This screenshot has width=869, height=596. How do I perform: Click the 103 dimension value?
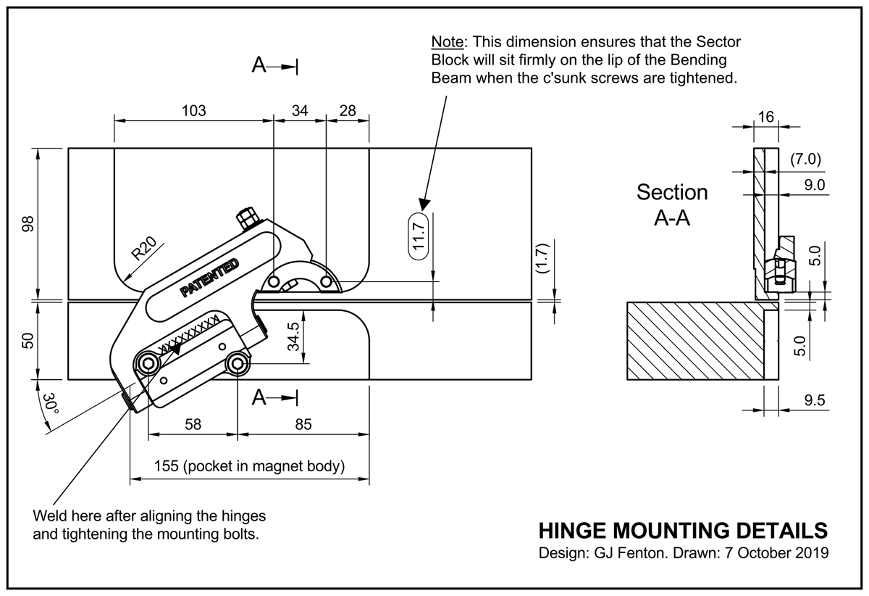pyautogui.click(x=193, y=111)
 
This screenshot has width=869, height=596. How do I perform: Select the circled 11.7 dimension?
pyautogui.click(x=419, y=236)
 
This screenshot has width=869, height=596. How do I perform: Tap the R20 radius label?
pyautogui.click(x=144, y=248)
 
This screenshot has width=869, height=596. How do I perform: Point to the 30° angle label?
pyautogui.click(x=51, y=404)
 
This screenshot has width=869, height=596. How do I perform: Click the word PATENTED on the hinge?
pyautogui.click(x=209, y=278)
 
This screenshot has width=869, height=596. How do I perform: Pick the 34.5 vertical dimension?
pyautogui.click(x=294, y=336)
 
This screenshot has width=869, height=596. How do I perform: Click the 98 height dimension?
pyautogui.click(x=28, y=224)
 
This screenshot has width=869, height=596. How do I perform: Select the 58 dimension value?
pyautogui.click(x=193, y=424)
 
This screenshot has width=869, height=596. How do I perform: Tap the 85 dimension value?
pyautogui.click(x=303, y=424)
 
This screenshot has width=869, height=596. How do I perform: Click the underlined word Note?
pyautogui.click(x=448, y=41)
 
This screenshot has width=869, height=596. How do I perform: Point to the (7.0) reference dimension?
pyautogui.click(x=806, y=160)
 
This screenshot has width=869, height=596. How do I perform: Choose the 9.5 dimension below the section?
pyautogui.click(x=814, y=400)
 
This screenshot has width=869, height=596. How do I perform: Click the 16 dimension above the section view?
pyautogui.click(x=766, y=117)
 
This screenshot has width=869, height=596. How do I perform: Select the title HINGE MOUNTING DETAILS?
pyautogui.click(x=683, y=531)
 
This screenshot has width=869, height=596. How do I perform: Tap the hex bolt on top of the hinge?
pyautogui.click(x=248, y=218)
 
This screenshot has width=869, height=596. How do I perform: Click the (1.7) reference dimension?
pyautogui.click(x=542, y=258)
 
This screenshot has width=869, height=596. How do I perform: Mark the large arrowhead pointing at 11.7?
pyautogui.click(x=424, y=204)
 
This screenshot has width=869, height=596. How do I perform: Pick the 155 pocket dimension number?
pyautogui.click(x=166, y=465)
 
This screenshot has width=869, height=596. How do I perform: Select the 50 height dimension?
pyautogui.click(x=28, y=340)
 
